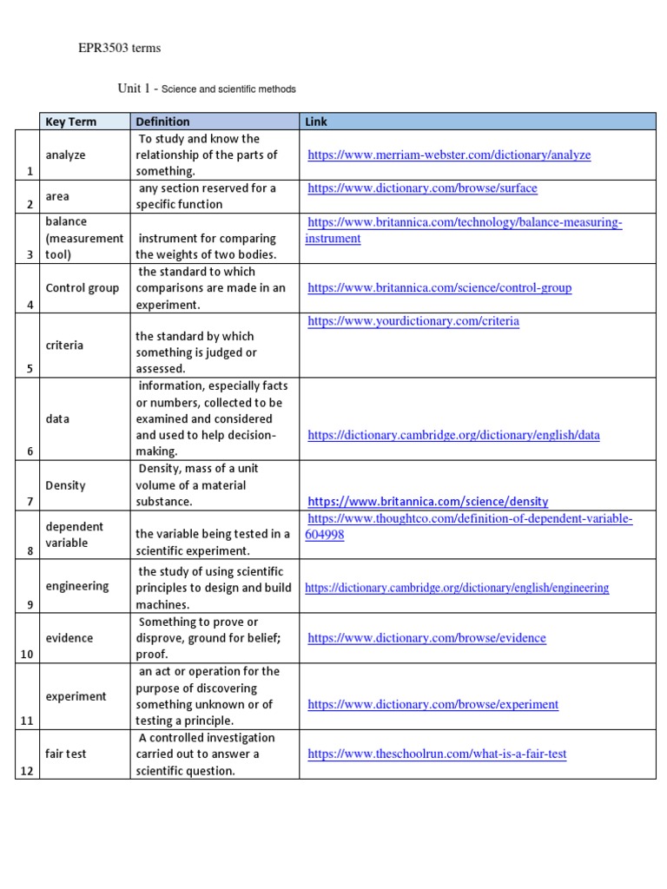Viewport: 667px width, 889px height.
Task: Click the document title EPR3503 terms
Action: tap(120, 49)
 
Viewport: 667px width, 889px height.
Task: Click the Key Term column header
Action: tap(71, 122)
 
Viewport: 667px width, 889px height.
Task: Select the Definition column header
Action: tap(162, 122)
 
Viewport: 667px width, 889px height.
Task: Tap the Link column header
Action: tap(316, 122)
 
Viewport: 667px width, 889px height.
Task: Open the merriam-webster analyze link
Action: tap(449, 155)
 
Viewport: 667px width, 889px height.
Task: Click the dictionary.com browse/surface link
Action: tap(422, 188)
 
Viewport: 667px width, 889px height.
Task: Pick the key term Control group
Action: tap(83, 288)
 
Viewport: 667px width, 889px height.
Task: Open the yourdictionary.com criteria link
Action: tap(413, 321)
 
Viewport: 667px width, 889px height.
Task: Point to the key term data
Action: tap(57, 418)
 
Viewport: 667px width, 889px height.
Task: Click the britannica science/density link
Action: tap(427, 502)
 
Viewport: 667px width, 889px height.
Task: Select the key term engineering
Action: tap(77, 586)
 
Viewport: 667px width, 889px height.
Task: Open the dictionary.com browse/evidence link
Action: tap(426, 638)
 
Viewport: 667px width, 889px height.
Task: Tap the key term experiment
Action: tap(76, 696)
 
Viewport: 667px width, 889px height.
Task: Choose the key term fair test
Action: tap(66, 754)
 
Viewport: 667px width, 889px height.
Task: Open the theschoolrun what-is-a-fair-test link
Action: tap(437, 754)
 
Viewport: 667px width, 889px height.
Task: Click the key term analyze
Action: tap(66, 155)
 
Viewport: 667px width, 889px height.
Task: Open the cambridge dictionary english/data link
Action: tap(453, 436)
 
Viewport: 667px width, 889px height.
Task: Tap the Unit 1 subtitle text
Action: tap(207, 89)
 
